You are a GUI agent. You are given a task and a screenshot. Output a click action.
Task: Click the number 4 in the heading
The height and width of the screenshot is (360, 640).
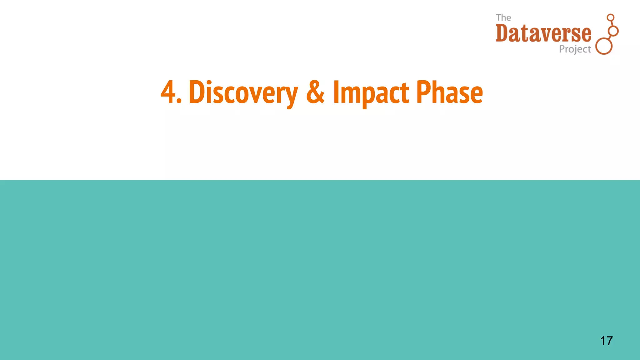(x=168, y=92)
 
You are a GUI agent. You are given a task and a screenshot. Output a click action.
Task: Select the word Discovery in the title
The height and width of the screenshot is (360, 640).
(x=243, y=92)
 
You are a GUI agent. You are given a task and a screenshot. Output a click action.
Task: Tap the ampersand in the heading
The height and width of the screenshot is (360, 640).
(x=315, y=92)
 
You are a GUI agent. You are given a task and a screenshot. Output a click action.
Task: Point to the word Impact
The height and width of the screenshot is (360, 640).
(x=371, y=92)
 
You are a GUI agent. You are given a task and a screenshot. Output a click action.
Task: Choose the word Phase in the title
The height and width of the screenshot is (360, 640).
(x=449, y=92)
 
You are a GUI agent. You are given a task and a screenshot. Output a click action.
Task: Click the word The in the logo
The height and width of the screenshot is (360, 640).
(x=503, y=18)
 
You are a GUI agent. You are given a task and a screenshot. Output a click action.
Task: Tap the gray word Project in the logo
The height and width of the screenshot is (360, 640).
(x=575, y=49)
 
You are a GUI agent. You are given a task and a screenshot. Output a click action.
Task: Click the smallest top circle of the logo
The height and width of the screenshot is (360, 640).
(x=610, y=17)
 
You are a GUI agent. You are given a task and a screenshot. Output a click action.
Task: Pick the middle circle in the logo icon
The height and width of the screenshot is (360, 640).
(x=613, y=31)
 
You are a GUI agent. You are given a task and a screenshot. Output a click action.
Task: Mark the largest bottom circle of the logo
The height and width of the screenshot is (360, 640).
(x=604, y=47)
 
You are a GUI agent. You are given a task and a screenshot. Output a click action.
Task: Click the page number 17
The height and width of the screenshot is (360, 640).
(x=606, y=341)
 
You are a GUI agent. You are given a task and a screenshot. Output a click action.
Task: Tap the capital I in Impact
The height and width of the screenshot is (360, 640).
(x=336, y=92)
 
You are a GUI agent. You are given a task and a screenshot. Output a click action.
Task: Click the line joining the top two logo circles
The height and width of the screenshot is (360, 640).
(x=612, y=24)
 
